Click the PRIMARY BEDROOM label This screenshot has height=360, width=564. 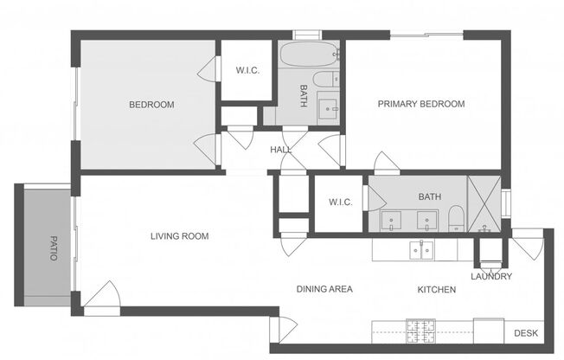(x=420, y=104)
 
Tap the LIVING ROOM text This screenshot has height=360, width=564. (x=179, y=235)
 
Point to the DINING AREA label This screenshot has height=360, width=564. (x=324, y=289)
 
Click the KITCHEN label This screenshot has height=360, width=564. (x=436, y=289)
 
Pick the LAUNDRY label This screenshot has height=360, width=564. (x=490, y=277)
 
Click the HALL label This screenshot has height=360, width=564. (x=280, y=150)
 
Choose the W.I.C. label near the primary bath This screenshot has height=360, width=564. (x=339, y=202)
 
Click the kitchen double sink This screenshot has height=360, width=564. (x=422, y=251)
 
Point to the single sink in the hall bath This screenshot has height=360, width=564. (x=328, y=108)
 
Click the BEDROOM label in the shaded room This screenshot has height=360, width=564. (x=151, y=105)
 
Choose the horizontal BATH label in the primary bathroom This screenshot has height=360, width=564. (x=429, y=196)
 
